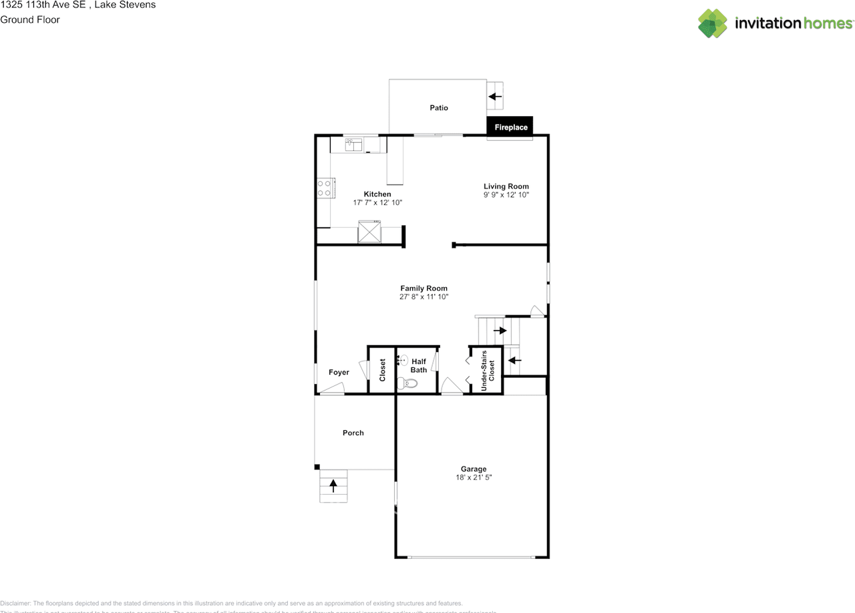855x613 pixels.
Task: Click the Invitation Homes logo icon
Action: pos(713,23)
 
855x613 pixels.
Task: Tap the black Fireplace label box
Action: pos(511,127)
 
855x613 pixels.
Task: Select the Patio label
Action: pos(439,108)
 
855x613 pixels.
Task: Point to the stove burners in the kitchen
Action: pos(325,188)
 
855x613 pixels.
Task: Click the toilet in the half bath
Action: pos(406,383)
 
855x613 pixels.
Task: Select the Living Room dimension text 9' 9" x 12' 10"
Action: pos(506,195)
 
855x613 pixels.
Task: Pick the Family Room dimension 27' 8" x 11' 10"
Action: pos(424,296)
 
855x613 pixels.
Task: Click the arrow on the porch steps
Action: pos(333,486)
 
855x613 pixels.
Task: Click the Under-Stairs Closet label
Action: pos(488,370)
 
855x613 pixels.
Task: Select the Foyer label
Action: pos(339,372)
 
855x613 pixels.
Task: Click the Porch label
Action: pos(353,433)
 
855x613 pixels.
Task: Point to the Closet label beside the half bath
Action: pos(383,370)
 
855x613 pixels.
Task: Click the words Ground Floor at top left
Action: pos(30,19)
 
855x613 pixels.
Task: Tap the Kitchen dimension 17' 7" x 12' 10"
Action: pos(377,202)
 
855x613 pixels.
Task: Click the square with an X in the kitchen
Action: pos(369,232)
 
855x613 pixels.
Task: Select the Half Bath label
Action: pos(419,365)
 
